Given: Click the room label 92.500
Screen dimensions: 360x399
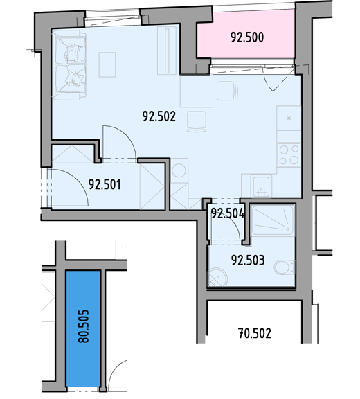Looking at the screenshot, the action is coord(247,37).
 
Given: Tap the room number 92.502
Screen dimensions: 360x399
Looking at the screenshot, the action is coord(159,117).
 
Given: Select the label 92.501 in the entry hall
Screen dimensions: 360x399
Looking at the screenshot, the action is coord(105,184).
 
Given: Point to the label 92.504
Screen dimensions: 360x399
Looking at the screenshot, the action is coord(228,213).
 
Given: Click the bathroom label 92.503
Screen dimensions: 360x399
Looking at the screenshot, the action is coord(248,260).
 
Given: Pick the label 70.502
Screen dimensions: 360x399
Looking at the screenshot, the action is coord(255,333).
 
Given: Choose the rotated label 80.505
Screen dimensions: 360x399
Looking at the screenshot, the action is coord(83,326).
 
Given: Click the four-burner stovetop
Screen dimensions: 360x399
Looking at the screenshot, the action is coord(289,154).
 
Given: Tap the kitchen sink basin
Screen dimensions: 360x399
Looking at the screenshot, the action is coord(261,186).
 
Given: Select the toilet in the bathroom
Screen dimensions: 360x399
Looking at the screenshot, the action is coord(285,267).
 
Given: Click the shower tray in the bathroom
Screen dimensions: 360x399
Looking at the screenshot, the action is coord(273,220).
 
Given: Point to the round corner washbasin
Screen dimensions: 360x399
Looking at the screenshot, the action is coord(217,278).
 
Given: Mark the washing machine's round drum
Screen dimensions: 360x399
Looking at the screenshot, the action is coord(179,170).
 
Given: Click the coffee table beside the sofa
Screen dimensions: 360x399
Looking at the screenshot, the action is coord(107,64).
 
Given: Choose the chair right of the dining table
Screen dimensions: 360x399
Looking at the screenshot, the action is coord(228,91).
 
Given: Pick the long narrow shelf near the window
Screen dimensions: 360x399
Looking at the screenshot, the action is coord(167,51).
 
